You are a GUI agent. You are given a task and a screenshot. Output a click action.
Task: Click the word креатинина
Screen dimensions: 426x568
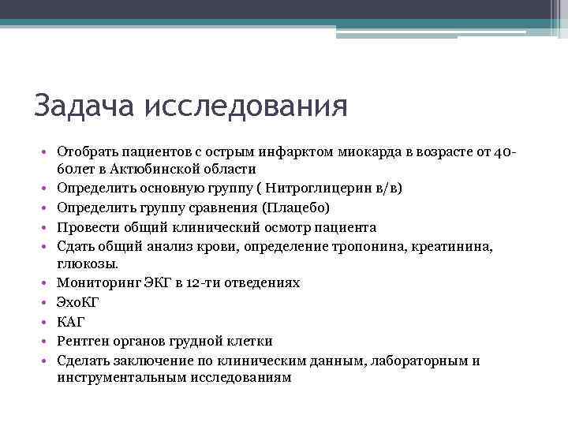pos(449,245)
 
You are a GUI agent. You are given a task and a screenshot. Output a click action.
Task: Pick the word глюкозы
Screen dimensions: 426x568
pos(84,264)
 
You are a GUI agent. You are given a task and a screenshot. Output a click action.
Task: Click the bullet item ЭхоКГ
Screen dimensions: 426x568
pos(78,302)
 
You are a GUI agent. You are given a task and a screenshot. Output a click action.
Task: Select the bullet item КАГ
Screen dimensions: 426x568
pos(71,321)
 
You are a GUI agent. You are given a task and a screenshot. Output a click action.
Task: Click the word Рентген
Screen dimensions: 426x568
pos(84,340)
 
